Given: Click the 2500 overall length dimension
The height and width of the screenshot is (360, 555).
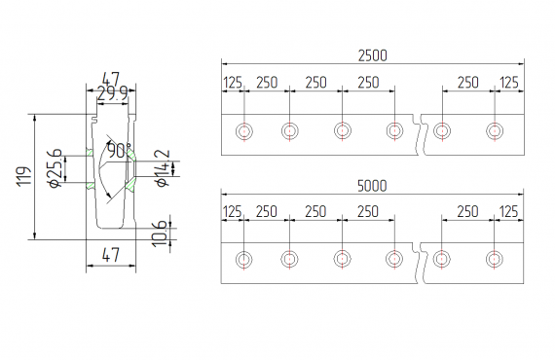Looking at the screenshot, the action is pos(372,55).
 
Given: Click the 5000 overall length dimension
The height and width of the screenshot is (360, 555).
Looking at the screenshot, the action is pos(372,186).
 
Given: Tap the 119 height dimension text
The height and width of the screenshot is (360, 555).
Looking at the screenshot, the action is pos(24,176).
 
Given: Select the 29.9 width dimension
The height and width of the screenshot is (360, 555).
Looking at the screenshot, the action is pos(112,93).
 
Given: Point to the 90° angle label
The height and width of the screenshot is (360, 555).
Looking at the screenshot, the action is pos(120,150).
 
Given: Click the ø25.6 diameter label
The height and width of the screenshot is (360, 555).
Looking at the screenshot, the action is pos(55,168).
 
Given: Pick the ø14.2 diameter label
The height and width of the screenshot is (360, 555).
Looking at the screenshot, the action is pos(162,168).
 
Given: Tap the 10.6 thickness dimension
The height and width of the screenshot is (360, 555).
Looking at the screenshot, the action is pos(160,234).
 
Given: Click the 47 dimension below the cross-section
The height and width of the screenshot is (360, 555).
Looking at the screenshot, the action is pos(111,255).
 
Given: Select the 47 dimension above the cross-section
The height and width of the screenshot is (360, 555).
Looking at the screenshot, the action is pos(111,79).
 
